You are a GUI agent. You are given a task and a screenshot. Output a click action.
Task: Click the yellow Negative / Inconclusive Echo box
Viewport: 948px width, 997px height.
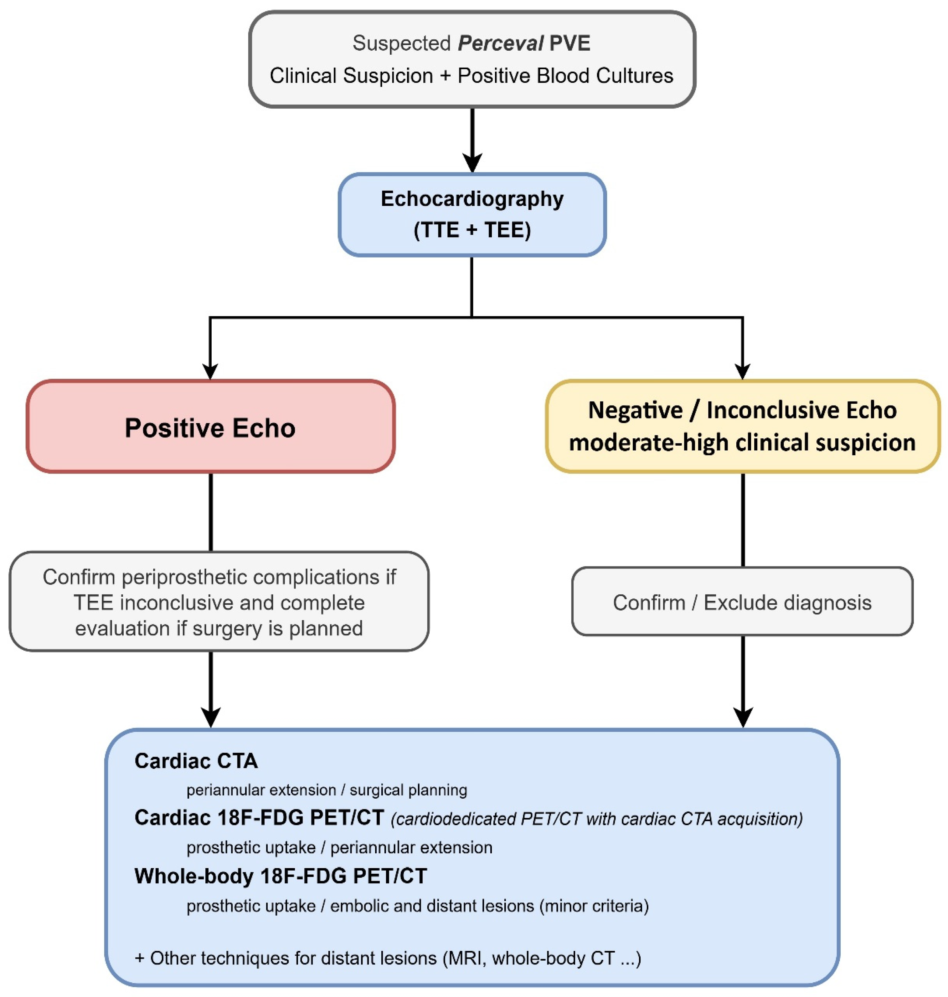[x=742, y=427]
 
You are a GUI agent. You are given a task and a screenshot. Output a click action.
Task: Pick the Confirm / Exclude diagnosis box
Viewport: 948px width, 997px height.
[x=742, y=601]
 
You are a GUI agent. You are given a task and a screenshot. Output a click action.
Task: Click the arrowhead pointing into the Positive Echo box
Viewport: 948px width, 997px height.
[x=210, y=371]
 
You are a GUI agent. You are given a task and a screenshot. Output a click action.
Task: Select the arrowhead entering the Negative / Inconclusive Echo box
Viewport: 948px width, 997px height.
[x=742, y=371]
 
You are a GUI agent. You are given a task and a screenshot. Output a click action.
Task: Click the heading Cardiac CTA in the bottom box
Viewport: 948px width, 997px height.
[x=196, y=761]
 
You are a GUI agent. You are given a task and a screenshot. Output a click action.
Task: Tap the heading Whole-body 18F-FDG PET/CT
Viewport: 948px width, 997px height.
[x=281, y=876]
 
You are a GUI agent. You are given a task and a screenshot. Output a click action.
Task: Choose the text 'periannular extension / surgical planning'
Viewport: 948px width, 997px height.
[x=327, y=790]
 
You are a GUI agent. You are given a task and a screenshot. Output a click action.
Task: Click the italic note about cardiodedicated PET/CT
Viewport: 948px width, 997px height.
[x=597, y=819]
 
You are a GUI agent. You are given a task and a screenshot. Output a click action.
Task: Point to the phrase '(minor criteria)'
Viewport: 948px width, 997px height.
[x=594, y=906]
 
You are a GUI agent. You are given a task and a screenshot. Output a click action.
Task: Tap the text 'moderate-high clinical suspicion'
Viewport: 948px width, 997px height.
[x=742, y=443]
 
